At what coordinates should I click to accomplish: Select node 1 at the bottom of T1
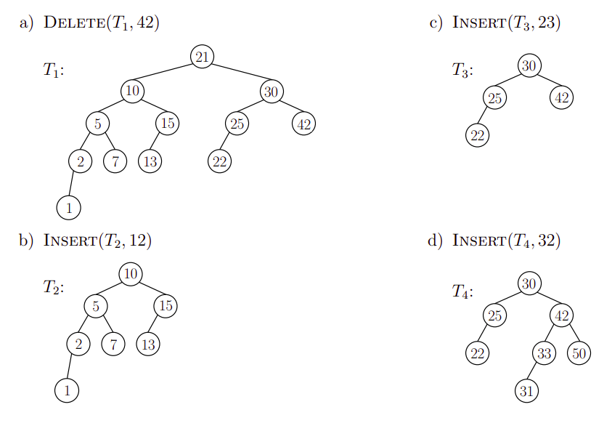pyautogui.click(x=68, y=208)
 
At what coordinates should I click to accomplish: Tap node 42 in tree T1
pyautogui.click(x=303, y=124)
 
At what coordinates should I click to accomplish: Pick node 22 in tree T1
pyautogui.click(x=219, y=161)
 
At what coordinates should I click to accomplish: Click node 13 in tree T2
pyautogui.click(x=147, y=344)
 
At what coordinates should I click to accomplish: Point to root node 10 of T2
pyautogui.click(x=131, y=273)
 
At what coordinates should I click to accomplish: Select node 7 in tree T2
pyautogui.click(x=113, y=344)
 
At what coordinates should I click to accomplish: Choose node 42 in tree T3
pyautogui.click(x=561, y=97)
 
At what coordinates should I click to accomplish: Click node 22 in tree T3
pyautogui.click(x=477, y=135)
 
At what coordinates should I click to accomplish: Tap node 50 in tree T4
pyautogui.click(x=579, y=354)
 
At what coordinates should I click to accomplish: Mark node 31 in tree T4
pyautogui.click(x=526, y=391)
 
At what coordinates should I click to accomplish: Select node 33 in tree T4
pyautogui.click(x=544, y=354)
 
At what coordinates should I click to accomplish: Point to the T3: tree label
pyautogui.click(x=462, y=71)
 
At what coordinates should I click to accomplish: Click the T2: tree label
pyautogui.click(x=53, y=288)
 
